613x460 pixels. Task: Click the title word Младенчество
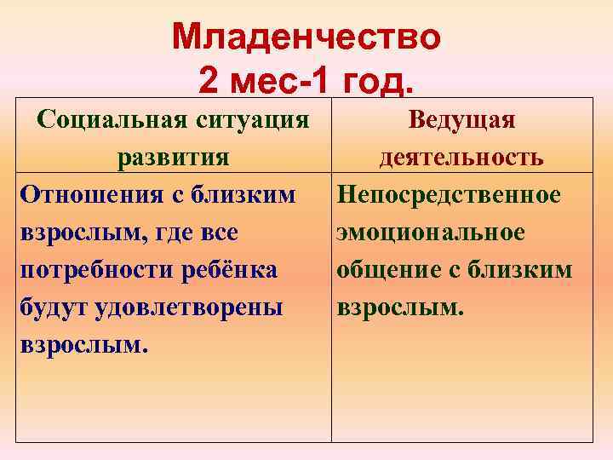point(306,37)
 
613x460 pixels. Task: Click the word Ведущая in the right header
point(461,119)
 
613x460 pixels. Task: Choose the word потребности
point(97,270)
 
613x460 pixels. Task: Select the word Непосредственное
point(449,195)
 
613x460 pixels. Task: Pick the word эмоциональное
point(431,233)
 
